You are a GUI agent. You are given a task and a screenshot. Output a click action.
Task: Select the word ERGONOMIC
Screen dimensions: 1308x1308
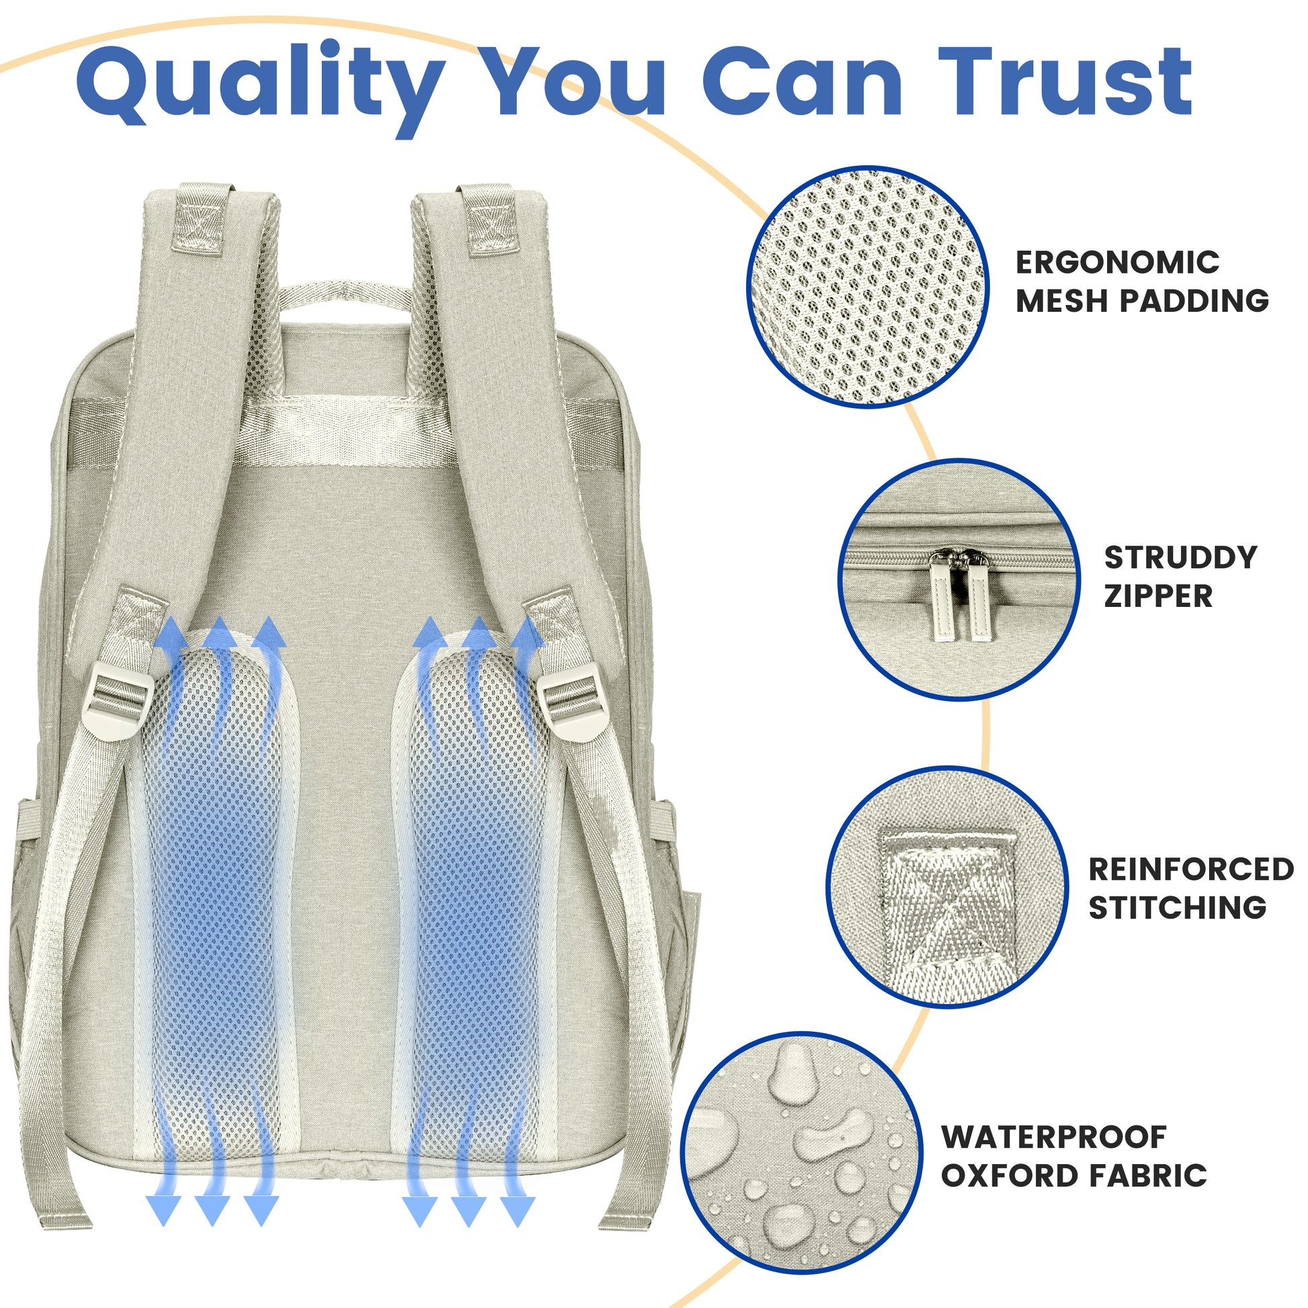pyautogui.click(x=1117, y=263)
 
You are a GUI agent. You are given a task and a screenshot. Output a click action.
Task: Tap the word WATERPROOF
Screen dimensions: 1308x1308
pyautogui.click(x=1055, y=1118)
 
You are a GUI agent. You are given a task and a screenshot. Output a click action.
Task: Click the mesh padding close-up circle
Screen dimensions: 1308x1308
pyautogui.click(x=868, y=287)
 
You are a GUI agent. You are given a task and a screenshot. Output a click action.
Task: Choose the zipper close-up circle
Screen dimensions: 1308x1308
pyautogui.click(x=960, y=580)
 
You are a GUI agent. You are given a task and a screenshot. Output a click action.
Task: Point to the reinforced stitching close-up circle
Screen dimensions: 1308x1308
pyautogui.click(x=947, y=887)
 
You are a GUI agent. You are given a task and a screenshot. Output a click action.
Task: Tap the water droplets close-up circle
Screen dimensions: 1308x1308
pyautogui.click(x=802, y=1152)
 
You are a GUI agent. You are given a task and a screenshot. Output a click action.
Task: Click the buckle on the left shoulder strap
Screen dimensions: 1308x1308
pyautogui.click(x=117, y=702)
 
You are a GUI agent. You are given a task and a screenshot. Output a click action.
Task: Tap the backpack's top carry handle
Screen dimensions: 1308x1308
pyautogui.click(x=346, y=298)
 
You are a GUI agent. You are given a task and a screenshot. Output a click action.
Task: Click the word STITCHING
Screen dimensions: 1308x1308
pyautogui.click(x=1178, y=907)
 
